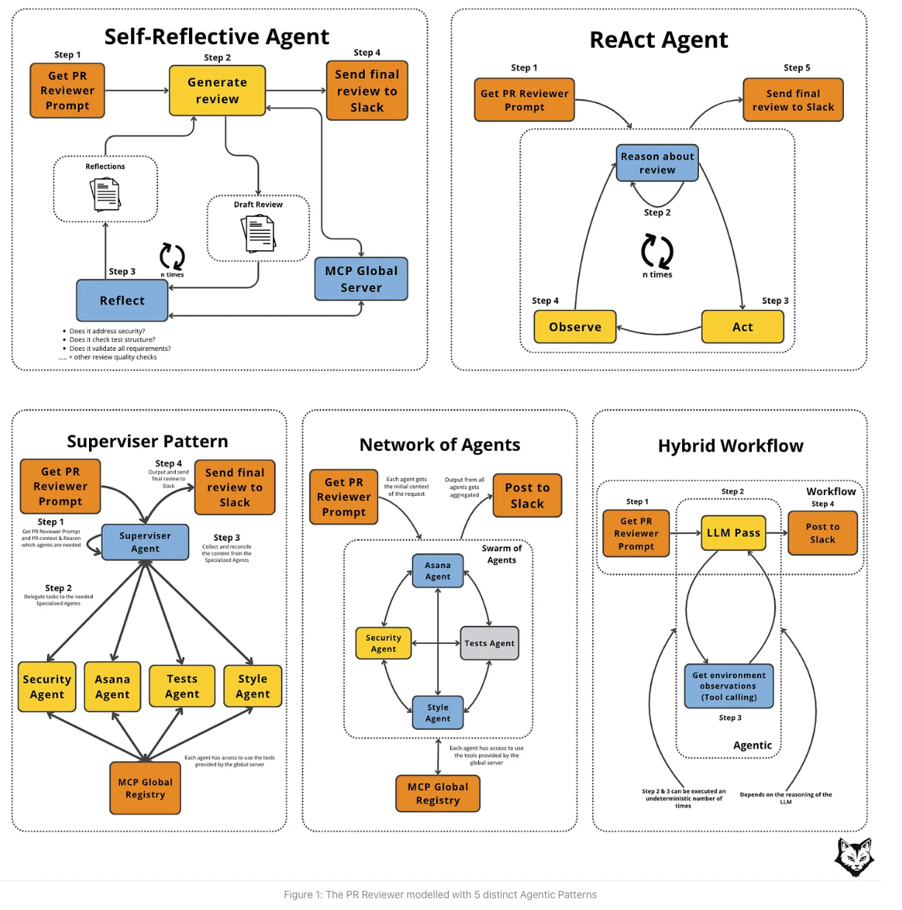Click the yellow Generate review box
217,90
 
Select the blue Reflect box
122,300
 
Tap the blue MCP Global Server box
361,279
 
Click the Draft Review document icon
258,233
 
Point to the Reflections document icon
105,193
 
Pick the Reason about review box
657,163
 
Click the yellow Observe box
575,327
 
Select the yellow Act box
742,327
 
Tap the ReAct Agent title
658,40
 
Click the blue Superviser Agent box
145,542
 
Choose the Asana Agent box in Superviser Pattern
112,686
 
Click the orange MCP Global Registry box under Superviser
145,788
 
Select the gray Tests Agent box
489,643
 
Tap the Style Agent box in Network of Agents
438,713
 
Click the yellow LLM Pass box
734,533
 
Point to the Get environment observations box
728,686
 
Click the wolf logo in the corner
854,856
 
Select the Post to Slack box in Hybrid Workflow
822,533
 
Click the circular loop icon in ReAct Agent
657,251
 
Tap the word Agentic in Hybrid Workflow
752,745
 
